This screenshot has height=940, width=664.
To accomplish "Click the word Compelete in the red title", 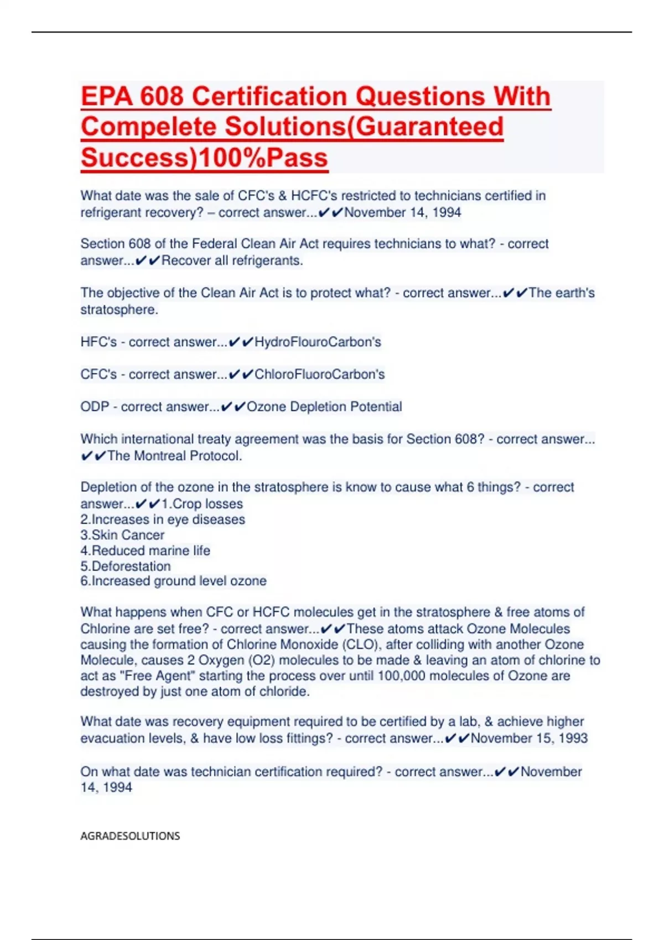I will pyautogui.click(x=149, y=127).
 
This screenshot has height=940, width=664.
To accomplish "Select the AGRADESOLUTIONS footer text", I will pyautogui.click(x=130, y=836).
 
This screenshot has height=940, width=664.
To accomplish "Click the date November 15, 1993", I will pyautogui.click(x=529, y=738).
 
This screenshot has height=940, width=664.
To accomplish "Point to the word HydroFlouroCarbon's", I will pyautogui.click(x=318, y=342).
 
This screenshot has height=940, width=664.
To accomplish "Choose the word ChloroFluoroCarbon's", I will pyautogui.click(x=319, y=374).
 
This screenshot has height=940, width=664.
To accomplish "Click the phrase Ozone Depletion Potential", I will pyautogui.click(x=324, y=407).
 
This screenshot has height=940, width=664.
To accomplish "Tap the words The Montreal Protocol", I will pyautogui.click(x=174, y=456).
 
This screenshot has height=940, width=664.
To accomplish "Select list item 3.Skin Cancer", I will pyautogui.click(x=122, y=535).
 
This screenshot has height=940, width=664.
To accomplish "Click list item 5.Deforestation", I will pyautogui.click(x=126, y=566).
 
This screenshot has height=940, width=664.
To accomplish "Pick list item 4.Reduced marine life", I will pyautogui.click(x=145, y=551).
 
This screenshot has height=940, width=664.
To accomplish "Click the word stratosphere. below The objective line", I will pyautogui.click(x=119, y=310).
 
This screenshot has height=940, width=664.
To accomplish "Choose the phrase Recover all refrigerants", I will pyautogui.click(x=232, y=261).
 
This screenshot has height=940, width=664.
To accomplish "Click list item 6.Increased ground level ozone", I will pyautogui.click(x=173, y=581).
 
